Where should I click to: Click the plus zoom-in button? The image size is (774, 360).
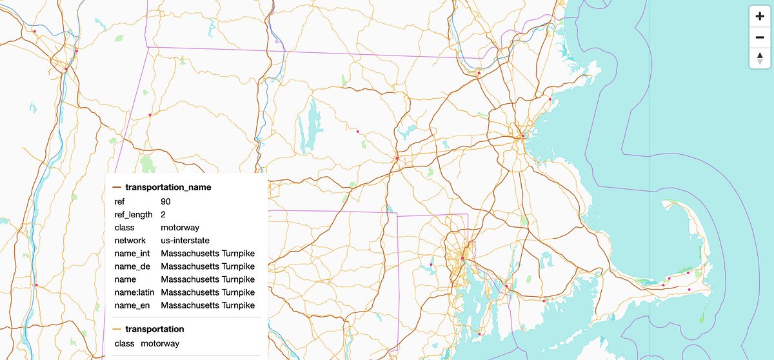coord(760,16)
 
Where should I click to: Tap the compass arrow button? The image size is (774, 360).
coord(760,59)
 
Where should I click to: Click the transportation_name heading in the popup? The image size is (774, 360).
coord(168,187)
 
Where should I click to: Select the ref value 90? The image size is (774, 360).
coord(166,201)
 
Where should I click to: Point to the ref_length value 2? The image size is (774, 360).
coord(164,214)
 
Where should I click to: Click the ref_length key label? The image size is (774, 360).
coord(134,214)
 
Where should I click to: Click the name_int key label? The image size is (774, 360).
coord(130,254)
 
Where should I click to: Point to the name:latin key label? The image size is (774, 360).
coord(134,292)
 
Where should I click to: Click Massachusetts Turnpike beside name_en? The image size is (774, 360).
coord(208,305)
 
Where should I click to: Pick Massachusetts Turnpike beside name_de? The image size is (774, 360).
coord(208,266)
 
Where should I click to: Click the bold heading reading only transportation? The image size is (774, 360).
coord(154,329)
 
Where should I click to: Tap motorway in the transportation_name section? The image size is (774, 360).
coord(180,227)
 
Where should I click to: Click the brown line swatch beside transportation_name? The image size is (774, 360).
coord(117,187)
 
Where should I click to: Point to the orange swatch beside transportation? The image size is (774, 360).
coord(117,329)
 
